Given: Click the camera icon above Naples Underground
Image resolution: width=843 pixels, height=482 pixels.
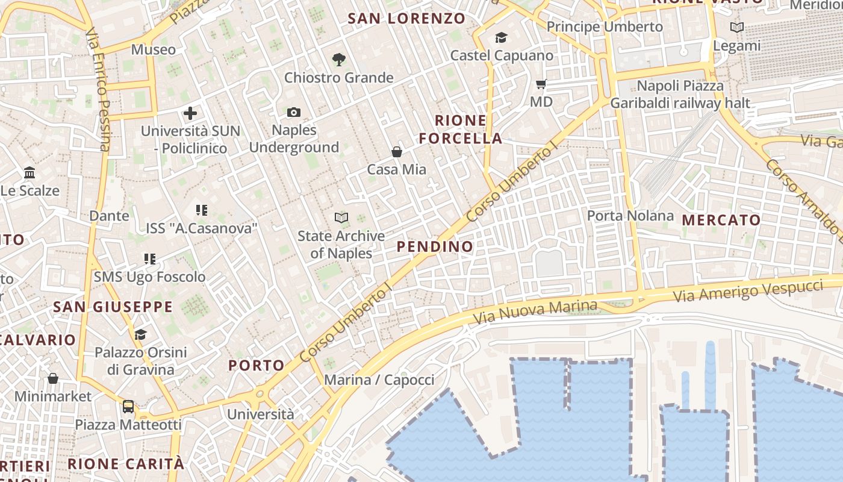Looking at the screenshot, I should point(294,112).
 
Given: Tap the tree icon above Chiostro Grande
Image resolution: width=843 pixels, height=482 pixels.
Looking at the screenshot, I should point(338,59).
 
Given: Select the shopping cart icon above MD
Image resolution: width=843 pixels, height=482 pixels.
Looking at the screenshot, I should point(541,84).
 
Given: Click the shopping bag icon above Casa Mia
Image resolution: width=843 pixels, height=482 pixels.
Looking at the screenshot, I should point(397,152).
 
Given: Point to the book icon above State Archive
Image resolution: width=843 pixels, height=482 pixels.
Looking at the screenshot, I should point(341,218).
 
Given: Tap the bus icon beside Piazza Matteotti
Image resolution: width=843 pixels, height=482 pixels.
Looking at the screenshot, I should point(128,406).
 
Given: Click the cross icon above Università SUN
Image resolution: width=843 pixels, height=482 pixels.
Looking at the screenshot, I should point(190,113).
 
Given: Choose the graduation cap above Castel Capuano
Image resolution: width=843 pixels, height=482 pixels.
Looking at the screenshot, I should point(501,38).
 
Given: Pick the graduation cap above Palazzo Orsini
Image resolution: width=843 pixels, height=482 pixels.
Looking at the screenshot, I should point(140,334).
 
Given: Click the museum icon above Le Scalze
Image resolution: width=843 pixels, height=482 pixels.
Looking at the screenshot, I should point(30,173).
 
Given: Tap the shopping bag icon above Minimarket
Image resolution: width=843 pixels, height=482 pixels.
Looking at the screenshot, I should point(53,378).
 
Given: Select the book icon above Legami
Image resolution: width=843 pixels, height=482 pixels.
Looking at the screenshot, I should point(736,27).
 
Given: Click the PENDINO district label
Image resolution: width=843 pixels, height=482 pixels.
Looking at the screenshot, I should point(435,246).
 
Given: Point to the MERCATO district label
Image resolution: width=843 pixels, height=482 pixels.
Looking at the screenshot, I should point(721,220).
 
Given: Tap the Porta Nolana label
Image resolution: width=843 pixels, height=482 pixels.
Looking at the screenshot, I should point(630,215).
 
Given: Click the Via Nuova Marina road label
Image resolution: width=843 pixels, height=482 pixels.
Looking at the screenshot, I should point(535,310).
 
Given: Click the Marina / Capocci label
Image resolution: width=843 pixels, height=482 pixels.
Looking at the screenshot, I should point(379,380).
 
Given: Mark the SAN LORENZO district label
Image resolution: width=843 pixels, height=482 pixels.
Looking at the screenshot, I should point(407,19).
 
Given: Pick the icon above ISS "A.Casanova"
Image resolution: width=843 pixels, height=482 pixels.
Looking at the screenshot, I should point(202,210).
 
